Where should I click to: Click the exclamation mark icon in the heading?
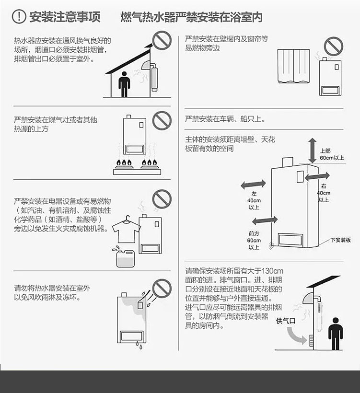point(19,17)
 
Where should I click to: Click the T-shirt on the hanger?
point(126,231)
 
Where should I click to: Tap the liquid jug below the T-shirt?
point(125,258)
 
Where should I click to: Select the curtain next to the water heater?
point(293,66)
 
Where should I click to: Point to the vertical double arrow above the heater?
point(313,150)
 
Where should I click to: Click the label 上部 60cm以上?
point(332,154)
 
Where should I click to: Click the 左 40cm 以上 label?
point(254,200)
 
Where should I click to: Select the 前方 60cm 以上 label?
point(254,241)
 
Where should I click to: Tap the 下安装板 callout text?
point(340,240)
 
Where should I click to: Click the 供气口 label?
point(286,321)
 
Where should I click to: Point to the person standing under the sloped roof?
point(124,84)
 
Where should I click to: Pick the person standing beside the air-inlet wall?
point(336,334)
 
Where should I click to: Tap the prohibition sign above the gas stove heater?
point(162,121)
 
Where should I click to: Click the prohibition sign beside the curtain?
point(334,46)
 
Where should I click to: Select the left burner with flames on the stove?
point(123,164)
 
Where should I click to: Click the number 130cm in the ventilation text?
point(272,271)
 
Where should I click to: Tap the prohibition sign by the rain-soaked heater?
point(162,288)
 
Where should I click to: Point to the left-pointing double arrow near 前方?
point(265,220)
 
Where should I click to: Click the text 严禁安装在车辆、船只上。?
point(225,119)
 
